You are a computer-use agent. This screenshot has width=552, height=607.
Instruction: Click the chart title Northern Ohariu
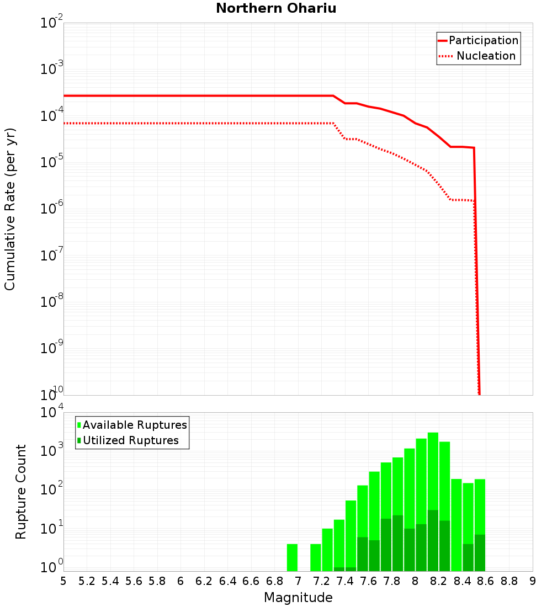[276, 8]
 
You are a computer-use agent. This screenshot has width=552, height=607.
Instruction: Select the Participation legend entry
[483, 40]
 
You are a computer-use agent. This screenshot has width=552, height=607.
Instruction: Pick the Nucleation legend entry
[485, 56]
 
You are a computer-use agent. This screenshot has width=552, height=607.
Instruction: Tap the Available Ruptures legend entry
[135, 425]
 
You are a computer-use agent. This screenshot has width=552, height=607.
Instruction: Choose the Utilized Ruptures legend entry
[130, 440]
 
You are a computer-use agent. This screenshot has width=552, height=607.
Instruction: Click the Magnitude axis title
[298, 598]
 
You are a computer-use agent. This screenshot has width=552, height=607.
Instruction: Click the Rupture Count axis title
[21, 492]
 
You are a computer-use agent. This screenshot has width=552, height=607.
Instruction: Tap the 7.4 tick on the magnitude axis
[345, 581]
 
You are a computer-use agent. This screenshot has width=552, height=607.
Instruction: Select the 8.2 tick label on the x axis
[439, 581]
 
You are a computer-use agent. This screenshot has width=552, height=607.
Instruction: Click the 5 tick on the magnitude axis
[63, 581]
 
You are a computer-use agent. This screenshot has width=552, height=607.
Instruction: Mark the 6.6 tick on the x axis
[251, 581]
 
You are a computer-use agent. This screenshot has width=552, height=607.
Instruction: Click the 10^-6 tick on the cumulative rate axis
[52, 209]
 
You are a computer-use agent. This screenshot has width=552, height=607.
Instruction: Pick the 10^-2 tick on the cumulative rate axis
[52, 23]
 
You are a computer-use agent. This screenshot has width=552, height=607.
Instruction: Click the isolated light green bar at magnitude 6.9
[292, 557]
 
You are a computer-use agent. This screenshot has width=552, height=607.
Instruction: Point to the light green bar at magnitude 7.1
[316, 557]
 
